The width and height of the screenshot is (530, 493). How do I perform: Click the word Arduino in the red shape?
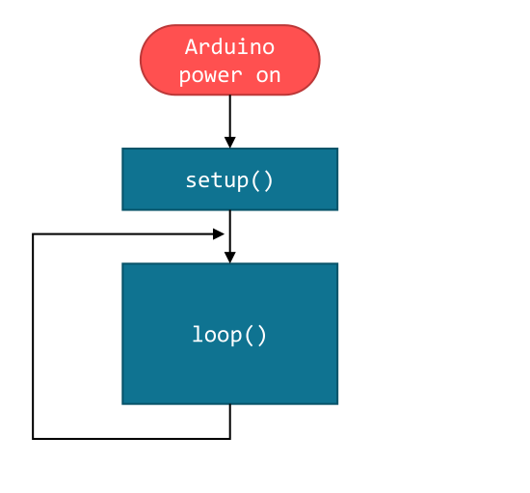pyautogui.click(x=229, y=47)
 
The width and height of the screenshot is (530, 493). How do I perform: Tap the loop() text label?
pyautogui.click(x=229, y=335)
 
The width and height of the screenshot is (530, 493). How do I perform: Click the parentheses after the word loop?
pyautogui.click(x=255, y=335)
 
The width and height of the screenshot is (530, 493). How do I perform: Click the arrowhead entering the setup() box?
pyautogui.click(x=229, y=142)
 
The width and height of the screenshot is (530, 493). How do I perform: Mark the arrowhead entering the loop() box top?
pyautogui.click(x=229, y=257)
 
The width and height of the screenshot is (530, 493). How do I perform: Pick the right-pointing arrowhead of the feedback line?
pyautogui.click(x=219, y=233)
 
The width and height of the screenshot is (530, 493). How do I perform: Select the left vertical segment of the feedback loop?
pyautogui.click(x=33, y=338)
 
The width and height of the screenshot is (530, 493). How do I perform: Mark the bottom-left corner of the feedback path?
pyautogui.click(x=33, y=439)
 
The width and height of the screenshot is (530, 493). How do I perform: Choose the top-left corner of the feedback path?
pyautogui.click(x=33, y=233)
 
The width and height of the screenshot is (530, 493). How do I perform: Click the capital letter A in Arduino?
pyautogui.click(x=190, y=47)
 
